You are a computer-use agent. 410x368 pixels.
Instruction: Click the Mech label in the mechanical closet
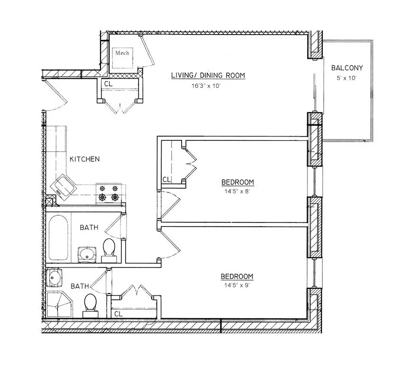[x=122, y=53]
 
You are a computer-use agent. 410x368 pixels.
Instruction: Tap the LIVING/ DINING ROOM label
[x=208, y=75]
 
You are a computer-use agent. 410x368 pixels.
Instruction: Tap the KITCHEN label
[x=85, y=159]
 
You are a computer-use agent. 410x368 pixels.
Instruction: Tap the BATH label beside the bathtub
[x=89, y=228]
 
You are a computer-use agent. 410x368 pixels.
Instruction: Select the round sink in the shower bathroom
[x=55, y=277]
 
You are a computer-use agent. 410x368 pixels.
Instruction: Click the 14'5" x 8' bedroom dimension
[x=237, y=192]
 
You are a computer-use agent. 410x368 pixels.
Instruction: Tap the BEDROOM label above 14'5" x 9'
[x=237, y=276]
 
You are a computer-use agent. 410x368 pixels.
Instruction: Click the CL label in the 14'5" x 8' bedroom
[x=166, y=179]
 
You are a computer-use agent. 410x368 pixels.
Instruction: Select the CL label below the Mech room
[x=109, y=84]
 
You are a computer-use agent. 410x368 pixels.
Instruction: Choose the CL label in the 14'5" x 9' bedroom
[x=118, y=313]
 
